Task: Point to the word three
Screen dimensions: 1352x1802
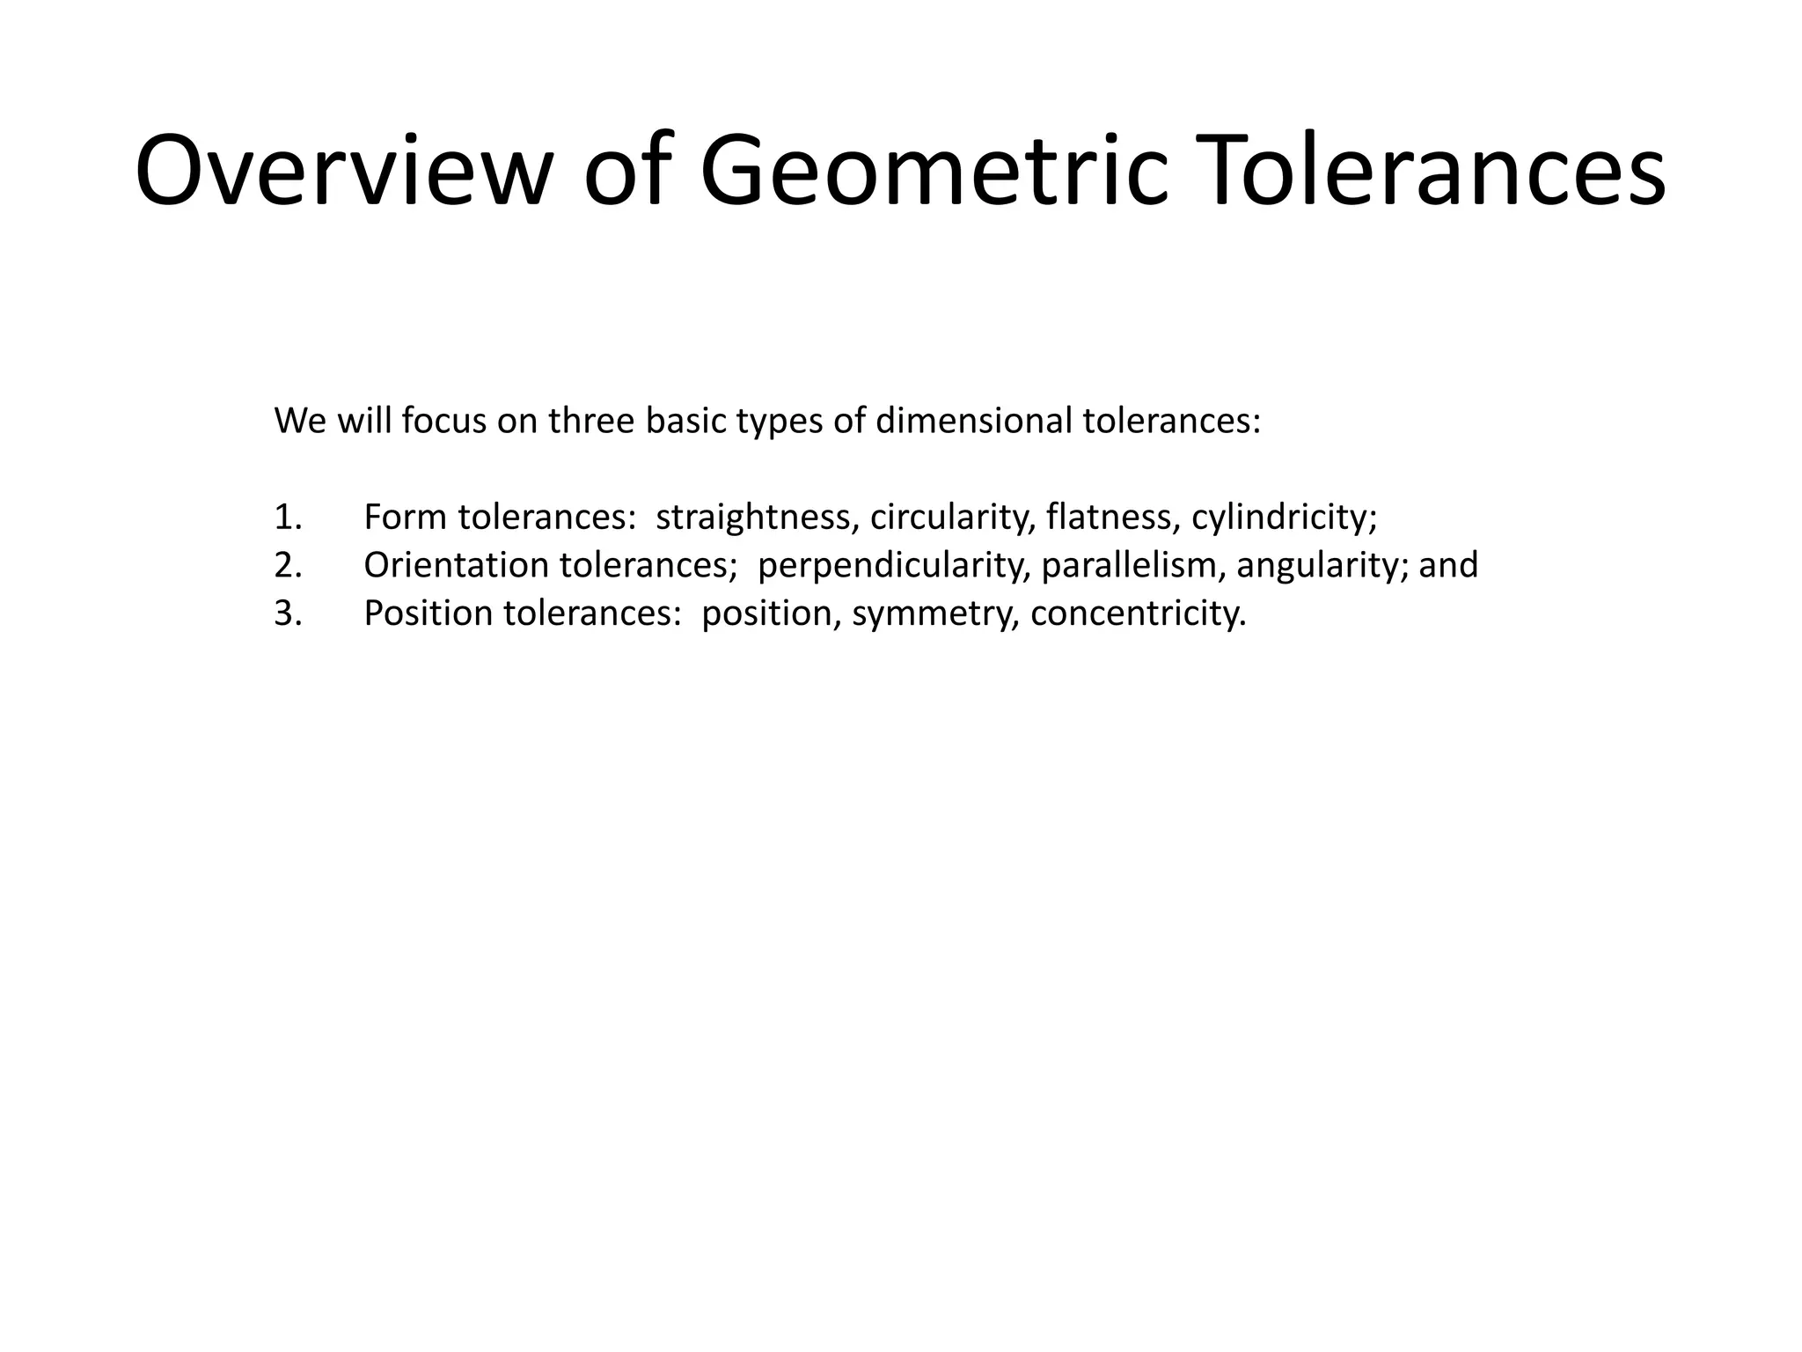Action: coord(591,421)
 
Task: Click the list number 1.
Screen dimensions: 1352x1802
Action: coord(287,517)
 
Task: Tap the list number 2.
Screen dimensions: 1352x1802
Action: coord(287,565)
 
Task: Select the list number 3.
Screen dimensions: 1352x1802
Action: coord(287,614)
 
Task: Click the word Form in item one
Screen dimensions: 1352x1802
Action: coord(405,517)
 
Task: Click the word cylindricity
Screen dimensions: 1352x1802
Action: coord(1283,517)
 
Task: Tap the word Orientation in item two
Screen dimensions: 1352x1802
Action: coord(456,565)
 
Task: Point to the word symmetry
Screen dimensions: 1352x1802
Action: coord(934,614)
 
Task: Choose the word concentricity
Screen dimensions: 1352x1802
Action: coord(1137,614)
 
